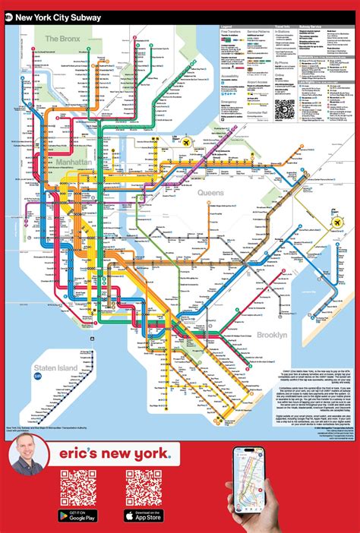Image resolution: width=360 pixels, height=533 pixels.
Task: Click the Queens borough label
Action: point(211,193)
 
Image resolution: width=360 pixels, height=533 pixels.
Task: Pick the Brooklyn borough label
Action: point(271,335)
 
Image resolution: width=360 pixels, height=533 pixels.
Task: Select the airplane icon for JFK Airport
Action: point(336,223)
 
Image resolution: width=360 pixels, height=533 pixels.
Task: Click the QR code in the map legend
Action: point(284,108)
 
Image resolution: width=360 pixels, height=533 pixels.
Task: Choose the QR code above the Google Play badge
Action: point(78,487)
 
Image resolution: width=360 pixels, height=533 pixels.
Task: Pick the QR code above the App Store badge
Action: point(143,487)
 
